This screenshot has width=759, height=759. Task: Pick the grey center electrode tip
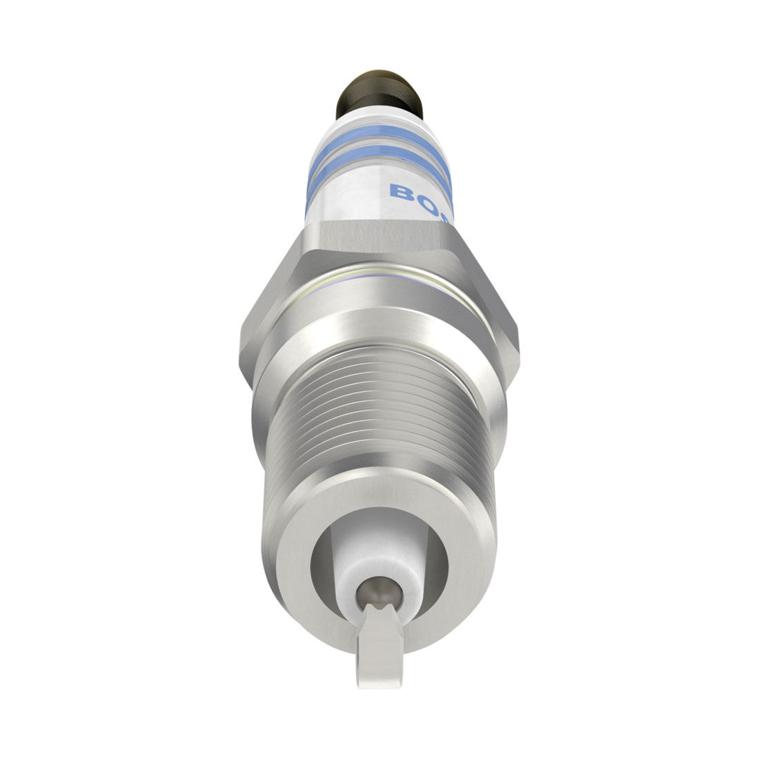click(x=377, y=591)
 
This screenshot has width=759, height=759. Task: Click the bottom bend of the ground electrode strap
click(x=379, y=680)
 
